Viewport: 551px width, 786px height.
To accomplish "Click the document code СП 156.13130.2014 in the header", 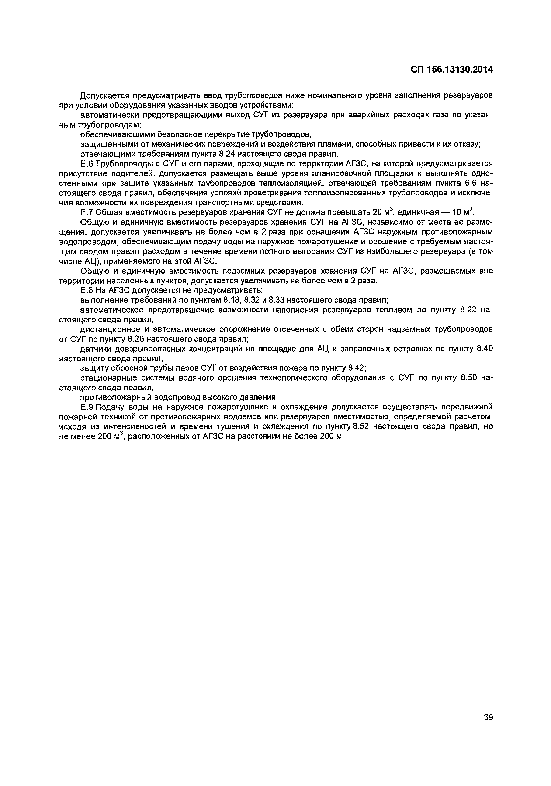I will tap(451, 70).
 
